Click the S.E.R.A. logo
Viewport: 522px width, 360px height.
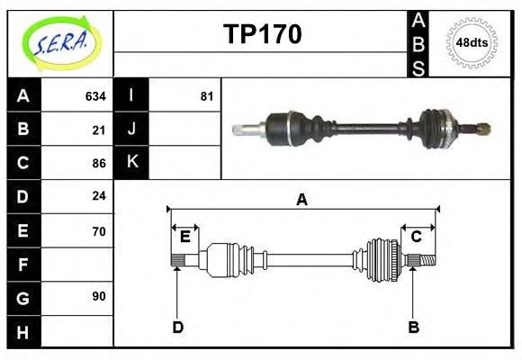click(x=61, y=42)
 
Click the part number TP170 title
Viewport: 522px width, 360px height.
click(x=262, y=34)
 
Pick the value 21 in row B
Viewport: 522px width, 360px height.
click(x=99, y=130)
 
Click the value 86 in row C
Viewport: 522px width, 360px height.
click(x=99, y=164)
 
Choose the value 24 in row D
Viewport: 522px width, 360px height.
click(x=99, y=195)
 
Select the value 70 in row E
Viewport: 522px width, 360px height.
click(x=99, y=231)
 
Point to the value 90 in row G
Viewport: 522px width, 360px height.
click(x=99, y=296)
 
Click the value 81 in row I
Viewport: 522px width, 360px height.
click(x=207, y=96)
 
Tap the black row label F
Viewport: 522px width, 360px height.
click(x=23, y=265)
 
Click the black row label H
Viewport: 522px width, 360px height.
click(x=23, y=331)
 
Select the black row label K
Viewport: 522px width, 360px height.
click(x=131, y=162)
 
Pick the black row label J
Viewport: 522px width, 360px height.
click(x=131, y=129)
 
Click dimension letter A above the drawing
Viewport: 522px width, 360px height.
click(x=302, y=200)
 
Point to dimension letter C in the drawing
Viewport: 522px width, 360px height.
click(x=417, y=237)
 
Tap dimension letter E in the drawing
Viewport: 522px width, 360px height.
click(x=184, y=237)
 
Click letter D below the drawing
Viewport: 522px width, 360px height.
click(x=178, y=327)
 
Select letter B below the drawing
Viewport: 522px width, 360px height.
click(x=414, y=327)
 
